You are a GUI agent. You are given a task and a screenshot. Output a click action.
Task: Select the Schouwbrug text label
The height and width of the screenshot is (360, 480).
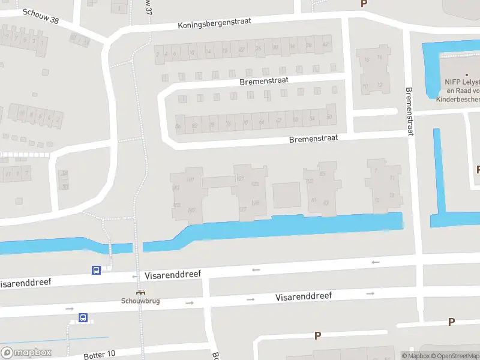(x=140, y=301)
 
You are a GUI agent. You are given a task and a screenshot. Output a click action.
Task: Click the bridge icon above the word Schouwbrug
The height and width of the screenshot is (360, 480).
(x=140, y=293)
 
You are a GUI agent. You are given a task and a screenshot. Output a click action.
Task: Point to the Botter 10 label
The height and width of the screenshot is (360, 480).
(x=100, y=355)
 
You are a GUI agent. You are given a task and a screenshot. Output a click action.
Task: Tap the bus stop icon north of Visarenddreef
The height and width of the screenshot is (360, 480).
(x=96, y=270)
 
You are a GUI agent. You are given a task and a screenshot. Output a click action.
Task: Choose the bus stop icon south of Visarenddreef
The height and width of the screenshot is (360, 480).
(x=83, y=317)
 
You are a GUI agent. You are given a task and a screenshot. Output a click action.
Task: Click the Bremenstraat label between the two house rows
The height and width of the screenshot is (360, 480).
(x=264, y=80)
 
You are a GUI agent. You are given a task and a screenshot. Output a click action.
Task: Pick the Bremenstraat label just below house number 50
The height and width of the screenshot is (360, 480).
(x=313, y=138)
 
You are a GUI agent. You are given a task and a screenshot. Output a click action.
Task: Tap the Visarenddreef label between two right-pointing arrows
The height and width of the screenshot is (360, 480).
(x=304, y=296)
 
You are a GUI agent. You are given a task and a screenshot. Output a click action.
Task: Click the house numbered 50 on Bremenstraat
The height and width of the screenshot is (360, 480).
(x=328, y=117)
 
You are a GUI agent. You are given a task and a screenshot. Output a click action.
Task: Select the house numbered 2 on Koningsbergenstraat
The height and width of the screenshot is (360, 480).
(x=158, y=53)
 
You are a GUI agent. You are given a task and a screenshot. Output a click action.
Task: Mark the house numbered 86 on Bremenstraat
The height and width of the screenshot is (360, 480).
(x=178, y=125)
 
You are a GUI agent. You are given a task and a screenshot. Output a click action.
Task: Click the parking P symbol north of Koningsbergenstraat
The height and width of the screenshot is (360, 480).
(x=363, y=4)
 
